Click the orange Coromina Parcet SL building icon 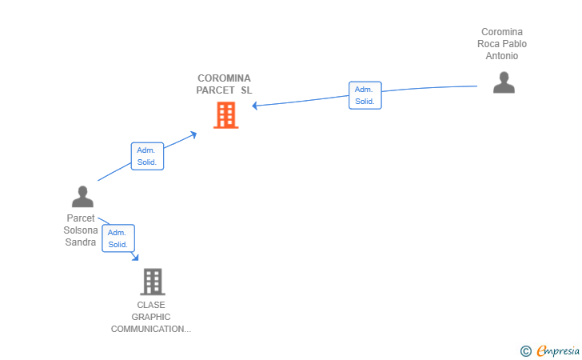pyautogui.click(x=226, y=115)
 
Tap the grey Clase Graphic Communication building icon pyautogui.click(x=152, y=282)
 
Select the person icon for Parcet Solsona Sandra pyautogui.click(x=82, y=197)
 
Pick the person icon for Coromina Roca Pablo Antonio pyautogui.click(x=504, y=82)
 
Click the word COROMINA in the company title pyautogui.click(x=224, y=78)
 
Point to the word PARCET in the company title pyautogui.click(x=215, y=90)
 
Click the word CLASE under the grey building pyautogui.click(x=151, y=306)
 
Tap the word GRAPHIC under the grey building pyautogui.click(x=151, y=318)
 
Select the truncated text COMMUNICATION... pyautogui.click(x=151, y=330)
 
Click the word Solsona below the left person pyautogui.click(x=81, y=230)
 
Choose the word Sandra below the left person pyautogui.click(x=81, y=242)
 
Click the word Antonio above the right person pyautogui.click(x=502, y=56)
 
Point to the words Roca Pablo pyautogui.click(x=502, y=44)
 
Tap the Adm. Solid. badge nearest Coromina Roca pyautogui.click(x=365, y=95)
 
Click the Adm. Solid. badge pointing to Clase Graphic pyautogui.click(x=118, y=238)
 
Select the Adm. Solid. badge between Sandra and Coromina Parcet pyautogui.click(x=147, y=156)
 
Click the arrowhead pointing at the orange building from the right pyautogui.click(x=255, y=105)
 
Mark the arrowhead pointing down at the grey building pyautogui.click(x=136, y=257)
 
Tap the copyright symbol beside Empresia pyautogui.click(x=525, y=350)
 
